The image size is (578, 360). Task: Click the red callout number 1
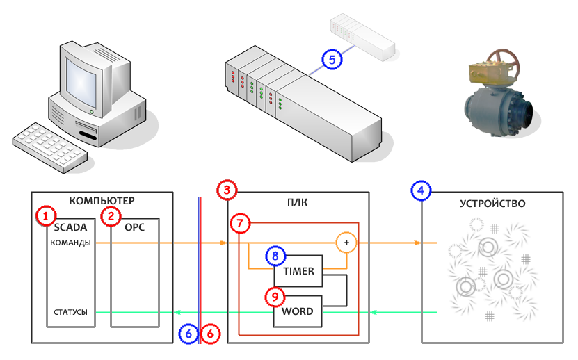click(45, 217)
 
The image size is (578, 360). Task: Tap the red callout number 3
click(227, 190)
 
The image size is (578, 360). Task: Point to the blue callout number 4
click(421, 190)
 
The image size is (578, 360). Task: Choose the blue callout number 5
click(334, 60)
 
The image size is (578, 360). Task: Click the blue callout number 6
click(188, 334)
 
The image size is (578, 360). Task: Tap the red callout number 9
click(276, 297)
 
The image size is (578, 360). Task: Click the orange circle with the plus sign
click(346, 243)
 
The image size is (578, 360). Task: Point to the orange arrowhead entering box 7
click(223, 243)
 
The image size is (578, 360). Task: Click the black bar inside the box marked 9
click(297, 311)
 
